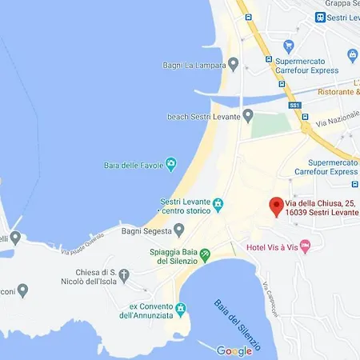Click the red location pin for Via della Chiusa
[x=276, y=206]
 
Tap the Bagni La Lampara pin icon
[x=234, y=63]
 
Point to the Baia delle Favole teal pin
[x=170, y=166]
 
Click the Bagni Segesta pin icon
[x=179, y=230]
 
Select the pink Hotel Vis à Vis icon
[x=305, y=244]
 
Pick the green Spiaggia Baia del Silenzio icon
[x=205, y=255]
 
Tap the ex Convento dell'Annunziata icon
[x=181, y=309]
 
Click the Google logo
[x=234, y=350]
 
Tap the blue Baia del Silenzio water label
[x=238, y=326]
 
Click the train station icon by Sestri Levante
[x=321, y=17]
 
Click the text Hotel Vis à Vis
[x=271, y=244]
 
